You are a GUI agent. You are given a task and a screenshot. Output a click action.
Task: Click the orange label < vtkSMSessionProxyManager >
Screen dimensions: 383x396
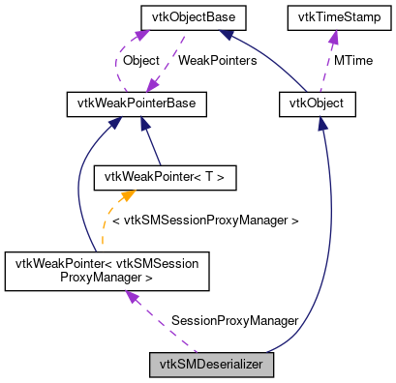point(205,221)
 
